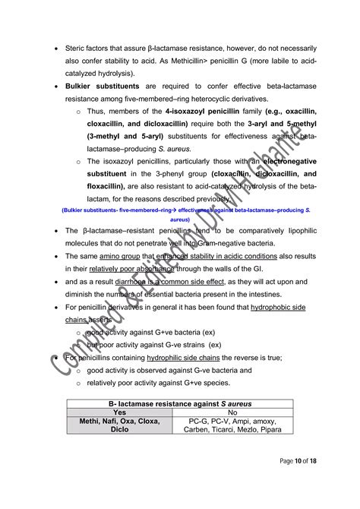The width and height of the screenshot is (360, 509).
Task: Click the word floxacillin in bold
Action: [109, 185]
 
